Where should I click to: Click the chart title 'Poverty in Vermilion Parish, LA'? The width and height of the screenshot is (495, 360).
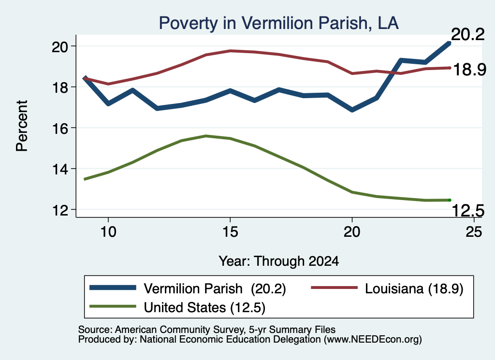coord(278,23)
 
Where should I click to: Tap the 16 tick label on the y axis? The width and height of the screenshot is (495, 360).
coord(60,129)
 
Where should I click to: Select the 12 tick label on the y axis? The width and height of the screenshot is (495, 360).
coord(60,210)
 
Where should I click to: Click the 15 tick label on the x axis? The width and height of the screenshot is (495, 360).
coord(230,232)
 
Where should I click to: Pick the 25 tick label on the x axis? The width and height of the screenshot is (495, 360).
coord(474,232)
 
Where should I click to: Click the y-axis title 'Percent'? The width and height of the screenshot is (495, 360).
coord(22,126)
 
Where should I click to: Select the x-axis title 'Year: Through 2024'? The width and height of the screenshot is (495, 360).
coord(279,261)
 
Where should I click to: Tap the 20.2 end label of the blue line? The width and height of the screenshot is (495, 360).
coord(467,34)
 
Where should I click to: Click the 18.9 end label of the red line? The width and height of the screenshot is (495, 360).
coord(470,70)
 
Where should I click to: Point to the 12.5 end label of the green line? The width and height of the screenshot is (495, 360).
coord(468,211)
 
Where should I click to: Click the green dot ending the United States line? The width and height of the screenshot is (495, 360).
coord(450,200)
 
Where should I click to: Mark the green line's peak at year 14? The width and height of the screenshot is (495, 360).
coord(206,136)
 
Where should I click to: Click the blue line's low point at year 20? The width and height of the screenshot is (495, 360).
coord(352,110)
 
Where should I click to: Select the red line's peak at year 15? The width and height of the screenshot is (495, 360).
coord(231,50)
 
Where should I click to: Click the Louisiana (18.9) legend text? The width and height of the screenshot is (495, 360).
coord(414,288)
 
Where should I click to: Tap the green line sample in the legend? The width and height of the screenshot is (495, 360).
coord(113,306)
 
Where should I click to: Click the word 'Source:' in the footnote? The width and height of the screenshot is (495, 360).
coord(95,330)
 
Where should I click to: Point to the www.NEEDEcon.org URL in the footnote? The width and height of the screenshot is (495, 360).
coord(373,340)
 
